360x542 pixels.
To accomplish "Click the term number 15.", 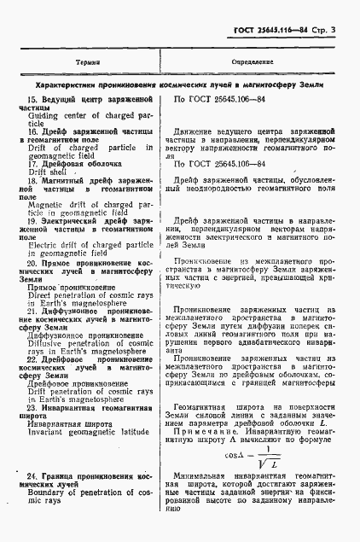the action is tap(32, 102).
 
